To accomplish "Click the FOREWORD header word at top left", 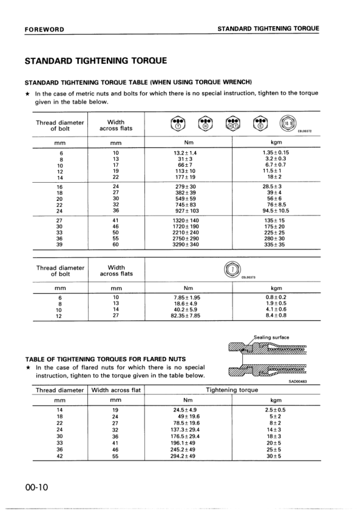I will click(x=45, y=29).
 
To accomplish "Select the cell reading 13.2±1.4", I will click(x=185, y=153).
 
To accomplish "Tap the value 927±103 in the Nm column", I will click(x=185, y=211).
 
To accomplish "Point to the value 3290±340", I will click(x=185, y=245).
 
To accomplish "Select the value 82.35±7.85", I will click(x=185, y=316).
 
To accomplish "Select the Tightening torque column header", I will click(x=232, y=390).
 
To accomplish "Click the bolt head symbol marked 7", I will click(x=233, y=269).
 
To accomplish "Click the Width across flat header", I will click(x=116, y=390).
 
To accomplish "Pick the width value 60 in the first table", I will click(x=116, y=245).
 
